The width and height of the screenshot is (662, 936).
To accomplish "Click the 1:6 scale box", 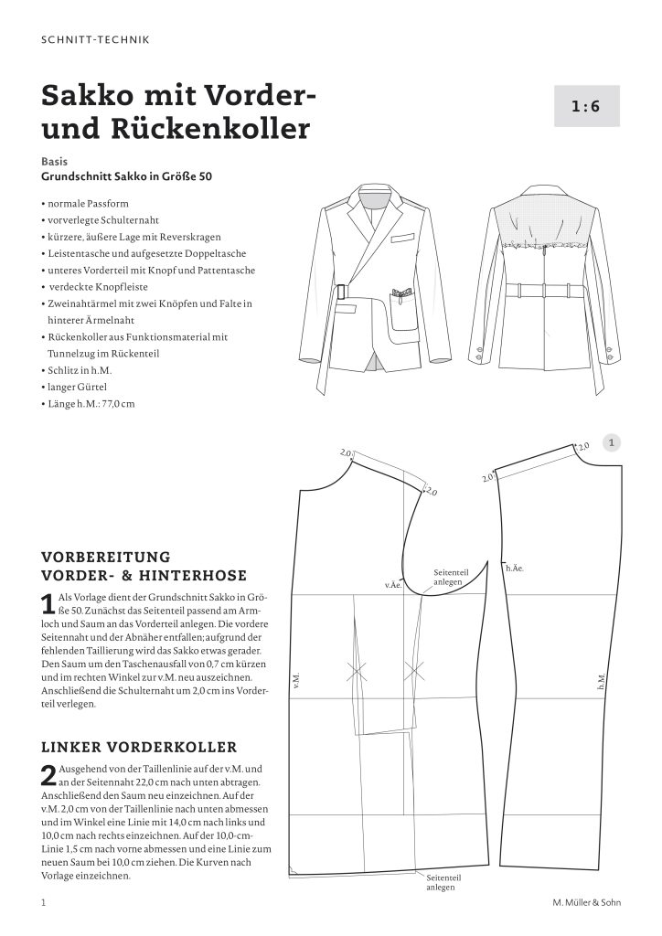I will pyautogui.click(x=586, y=106).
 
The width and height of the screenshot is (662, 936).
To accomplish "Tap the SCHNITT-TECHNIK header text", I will pyautogui.click(x=96, y=39).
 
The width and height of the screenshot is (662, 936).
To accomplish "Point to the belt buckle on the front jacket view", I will pyautogui.click(x=343, y=293).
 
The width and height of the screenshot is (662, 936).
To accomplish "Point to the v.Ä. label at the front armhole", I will pyautogui.click(x=394, y=581).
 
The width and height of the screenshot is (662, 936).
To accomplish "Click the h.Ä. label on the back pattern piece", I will pyautogui.click(x=514, y=569).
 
